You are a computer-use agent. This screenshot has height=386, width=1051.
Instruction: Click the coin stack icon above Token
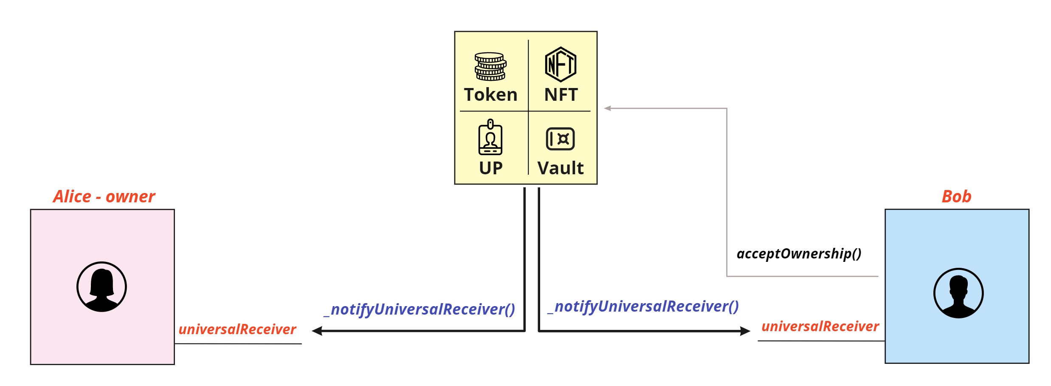click(490, 66)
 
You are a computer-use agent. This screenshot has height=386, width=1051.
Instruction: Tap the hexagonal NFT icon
click(561, 65)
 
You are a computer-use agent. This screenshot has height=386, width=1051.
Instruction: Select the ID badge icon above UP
click(490, 137)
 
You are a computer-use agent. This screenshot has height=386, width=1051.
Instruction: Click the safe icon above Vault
click(560, 139)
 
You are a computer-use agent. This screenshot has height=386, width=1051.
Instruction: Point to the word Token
click(490, 94)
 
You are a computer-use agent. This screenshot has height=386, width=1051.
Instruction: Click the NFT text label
click(561, 94)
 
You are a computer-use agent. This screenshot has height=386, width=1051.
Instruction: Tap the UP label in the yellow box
click(490, 168)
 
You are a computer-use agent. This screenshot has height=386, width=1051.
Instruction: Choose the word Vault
click(560, 168)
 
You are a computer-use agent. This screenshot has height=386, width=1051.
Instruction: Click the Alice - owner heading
click(104, 196)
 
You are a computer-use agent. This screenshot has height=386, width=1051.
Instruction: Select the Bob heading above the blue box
click(956, 196)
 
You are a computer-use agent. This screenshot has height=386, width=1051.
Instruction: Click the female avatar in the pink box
click(101, 287)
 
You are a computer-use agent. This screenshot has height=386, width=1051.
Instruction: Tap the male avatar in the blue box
click(958, 293)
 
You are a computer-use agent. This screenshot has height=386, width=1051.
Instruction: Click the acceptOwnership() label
click(799, 254)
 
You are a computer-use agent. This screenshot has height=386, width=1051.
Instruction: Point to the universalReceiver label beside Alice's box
click(237, 329)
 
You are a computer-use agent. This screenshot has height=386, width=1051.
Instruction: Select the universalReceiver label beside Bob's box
click(820, 326)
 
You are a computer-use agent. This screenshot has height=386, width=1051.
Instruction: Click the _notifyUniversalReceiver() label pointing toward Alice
click(419, 309)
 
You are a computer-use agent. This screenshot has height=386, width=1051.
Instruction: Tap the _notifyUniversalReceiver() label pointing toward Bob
click(643, 307)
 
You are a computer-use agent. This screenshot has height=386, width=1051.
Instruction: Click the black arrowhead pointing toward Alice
click(317, 331)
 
